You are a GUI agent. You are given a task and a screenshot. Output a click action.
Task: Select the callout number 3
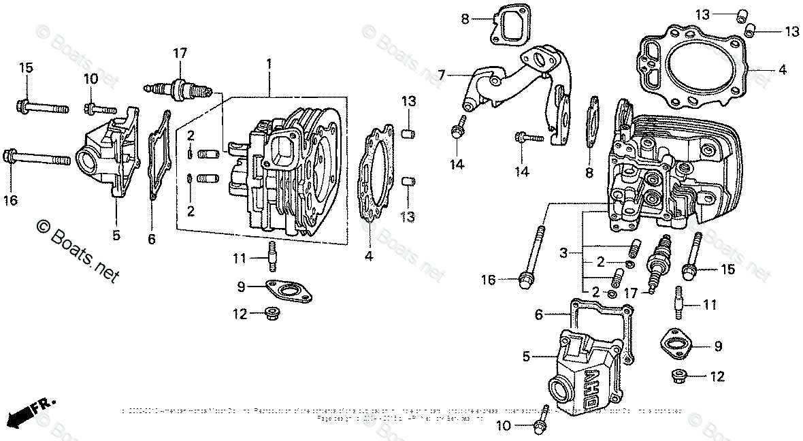point(563,254)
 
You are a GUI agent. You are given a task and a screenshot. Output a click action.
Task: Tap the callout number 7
point(441,74)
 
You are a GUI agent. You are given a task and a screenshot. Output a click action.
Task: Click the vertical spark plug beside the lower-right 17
point(659,267)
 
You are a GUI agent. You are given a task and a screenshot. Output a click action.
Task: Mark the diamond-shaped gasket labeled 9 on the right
point(678,344)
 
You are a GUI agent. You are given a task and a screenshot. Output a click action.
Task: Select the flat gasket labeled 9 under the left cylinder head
point(289,291)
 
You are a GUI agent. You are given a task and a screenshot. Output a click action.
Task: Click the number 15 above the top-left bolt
point(26,67)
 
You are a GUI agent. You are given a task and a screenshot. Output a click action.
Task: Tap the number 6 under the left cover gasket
point(151,239)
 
